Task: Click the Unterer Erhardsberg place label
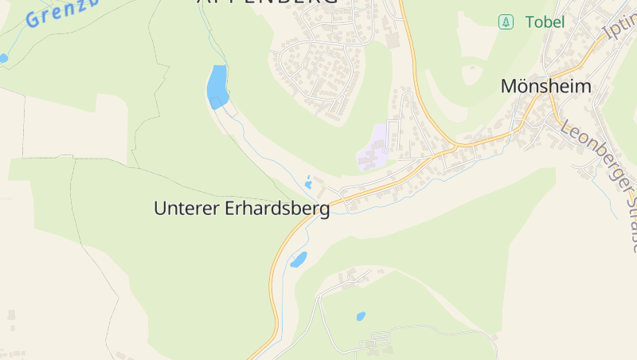(241, 209)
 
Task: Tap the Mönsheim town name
(546, 87)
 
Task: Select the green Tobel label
(545, 22)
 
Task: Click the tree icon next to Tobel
(505, 22)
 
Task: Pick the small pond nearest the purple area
(308, 183)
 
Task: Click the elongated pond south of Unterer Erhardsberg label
(299, 259)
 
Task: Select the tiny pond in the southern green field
(361, 316)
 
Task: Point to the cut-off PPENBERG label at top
(267, 2)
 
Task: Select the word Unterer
(180, 209)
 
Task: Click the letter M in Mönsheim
(510, 87)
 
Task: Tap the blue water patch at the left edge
(2, 58)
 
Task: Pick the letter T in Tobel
(529, 22)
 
